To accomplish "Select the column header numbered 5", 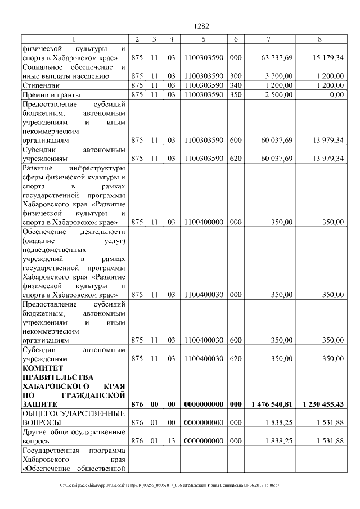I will pos(204,39).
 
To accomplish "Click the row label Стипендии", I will pos(40,85).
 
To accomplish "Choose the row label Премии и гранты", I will pos(50,94).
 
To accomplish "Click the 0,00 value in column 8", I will pos(336,94).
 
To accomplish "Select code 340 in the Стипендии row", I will pos(236,85).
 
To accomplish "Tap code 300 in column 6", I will pos(236,76).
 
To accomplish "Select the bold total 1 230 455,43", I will pos(323,404).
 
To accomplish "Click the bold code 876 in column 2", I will pos(137,404).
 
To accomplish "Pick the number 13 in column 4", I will pos(172,441).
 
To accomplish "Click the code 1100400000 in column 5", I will pos(204,222).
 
